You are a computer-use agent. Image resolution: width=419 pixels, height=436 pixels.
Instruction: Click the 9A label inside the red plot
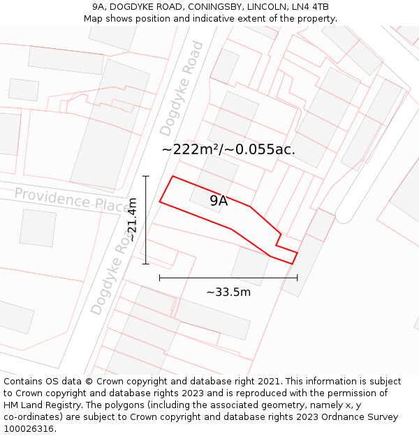(219, 201)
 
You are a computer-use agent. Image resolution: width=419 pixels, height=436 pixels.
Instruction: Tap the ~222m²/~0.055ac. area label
(228, 149)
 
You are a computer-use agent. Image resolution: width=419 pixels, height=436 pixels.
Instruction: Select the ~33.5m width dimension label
(228, 292)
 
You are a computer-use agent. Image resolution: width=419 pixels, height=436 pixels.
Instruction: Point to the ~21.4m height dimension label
(132, 220)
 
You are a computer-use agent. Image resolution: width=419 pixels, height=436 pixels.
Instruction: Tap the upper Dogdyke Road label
(181, 89)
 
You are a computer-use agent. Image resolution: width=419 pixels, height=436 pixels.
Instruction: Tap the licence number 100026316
(30, 428)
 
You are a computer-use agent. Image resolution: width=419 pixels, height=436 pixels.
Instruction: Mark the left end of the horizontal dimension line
(160, 278)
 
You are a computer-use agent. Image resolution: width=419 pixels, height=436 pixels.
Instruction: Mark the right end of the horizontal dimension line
(297, 278)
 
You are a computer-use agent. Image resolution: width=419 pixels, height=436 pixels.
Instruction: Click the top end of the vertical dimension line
(146, 176)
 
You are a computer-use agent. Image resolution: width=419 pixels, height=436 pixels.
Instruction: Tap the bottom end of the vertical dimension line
(146, 264)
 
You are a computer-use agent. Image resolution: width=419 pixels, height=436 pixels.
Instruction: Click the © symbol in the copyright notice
(89, 382)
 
